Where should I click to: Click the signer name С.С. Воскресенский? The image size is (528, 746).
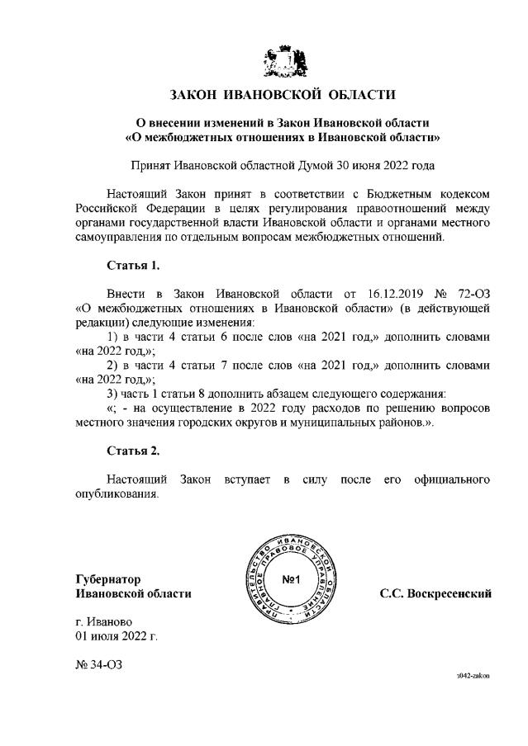point(435,593)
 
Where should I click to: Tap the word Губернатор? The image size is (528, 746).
point(107,578)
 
